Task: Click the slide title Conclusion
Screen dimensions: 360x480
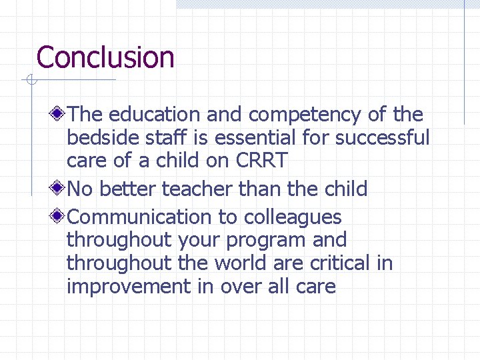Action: [105, 57]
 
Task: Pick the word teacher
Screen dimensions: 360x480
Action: [197, 189]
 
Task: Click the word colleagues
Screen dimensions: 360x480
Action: [293, 217]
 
